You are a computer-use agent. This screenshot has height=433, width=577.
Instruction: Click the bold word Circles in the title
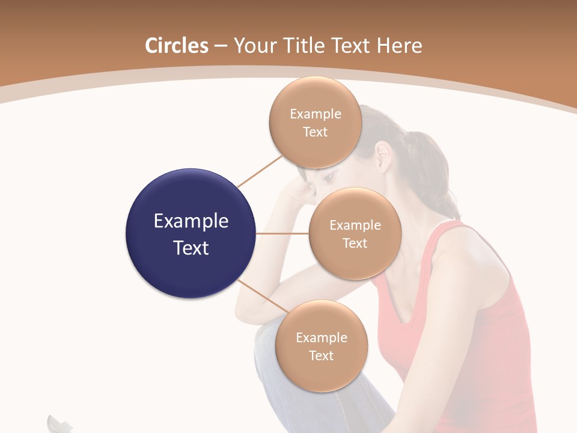[x=177, y=46]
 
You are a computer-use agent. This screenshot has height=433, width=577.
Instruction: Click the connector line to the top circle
[x=260, y=171]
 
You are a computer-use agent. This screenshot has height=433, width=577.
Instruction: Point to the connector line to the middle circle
[x=282, y=233]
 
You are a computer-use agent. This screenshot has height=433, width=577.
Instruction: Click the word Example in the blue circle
[x=191, y=221]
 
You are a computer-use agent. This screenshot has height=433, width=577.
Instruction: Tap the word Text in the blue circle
[x=191, y=248]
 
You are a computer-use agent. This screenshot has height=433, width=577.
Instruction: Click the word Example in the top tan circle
[x=316, y=114]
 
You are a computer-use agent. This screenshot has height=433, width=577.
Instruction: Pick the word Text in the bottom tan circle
[x=321, y=355]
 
